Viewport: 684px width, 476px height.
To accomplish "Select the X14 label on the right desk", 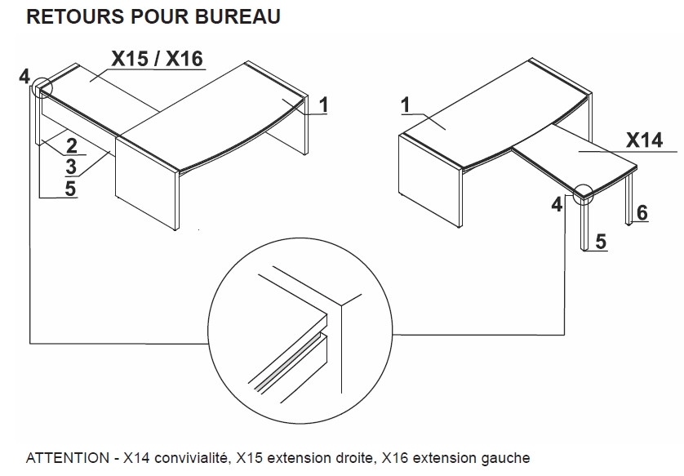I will click(x=644, y=140).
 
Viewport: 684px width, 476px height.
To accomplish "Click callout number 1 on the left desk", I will click(x=323, y=105).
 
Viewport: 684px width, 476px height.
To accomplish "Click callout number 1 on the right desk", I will click(x=406, y=105).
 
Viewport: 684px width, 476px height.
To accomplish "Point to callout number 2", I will click(x=71, y=146).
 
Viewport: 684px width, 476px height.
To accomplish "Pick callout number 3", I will click(x=71, y=167).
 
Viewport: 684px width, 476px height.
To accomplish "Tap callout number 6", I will click(x=642, y=213).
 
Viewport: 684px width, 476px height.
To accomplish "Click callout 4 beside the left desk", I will click(x=24, y=77).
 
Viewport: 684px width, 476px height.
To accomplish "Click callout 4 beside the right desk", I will click(x=557, y=204).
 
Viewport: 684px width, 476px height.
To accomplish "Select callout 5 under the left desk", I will click(x=71, y=188).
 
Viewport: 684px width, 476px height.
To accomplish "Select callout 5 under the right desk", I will click(x=601, y=242).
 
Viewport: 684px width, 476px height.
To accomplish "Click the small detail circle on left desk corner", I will click(x=42, y=87).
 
